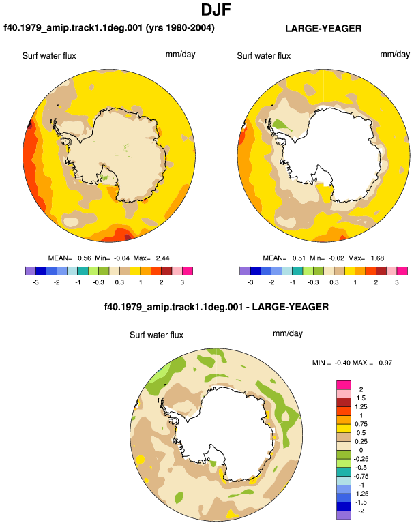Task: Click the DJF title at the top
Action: click(x=216, y=10)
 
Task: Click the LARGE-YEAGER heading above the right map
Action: click(x=323, y=29)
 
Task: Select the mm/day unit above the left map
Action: click(x=180, y=55)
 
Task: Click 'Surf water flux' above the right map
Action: click(x=263, y=56)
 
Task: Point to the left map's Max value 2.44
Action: click(x=162, y=258)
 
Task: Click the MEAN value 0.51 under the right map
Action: click(x=299, y=258)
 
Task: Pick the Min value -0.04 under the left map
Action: click(x=121, y=258)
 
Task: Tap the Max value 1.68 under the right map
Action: click(x=377, y=258)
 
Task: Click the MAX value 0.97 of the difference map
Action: click(x=385, y=363)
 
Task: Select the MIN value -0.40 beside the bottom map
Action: click(x=342, y=363)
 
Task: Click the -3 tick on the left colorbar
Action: click(x=35, y=282)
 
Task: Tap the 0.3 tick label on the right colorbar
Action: click(x=334, y=282)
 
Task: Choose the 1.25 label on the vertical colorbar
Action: click(x=361, y=407)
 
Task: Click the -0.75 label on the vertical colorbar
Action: click(x=361, y=477)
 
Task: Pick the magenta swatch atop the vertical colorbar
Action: click(x=344, y=385)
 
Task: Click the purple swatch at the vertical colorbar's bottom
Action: click(x=344, y=515)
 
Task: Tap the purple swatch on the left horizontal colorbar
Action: click(x=31, y=271)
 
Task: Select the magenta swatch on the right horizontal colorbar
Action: click(x=402, y=271)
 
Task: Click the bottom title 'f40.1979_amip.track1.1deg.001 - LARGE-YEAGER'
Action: click(x=216, y=307)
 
